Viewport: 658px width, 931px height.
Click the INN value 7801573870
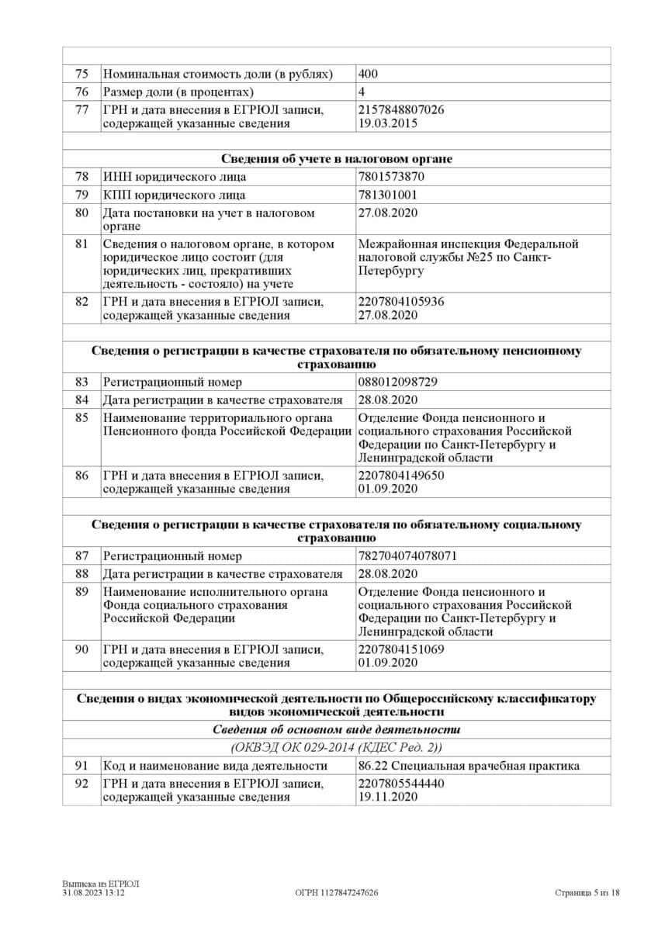(391, 176)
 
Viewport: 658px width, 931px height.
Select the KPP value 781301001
(388, 195)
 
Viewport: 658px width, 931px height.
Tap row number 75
(81, 74)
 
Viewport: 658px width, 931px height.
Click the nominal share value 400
(369, 74)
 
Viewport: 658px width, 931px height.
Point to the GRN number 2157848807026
(401, 110)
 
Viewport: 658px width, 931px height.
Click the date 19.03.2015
(388, 123)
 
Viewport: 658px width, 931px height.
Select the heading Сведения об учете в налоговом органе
(336, 159)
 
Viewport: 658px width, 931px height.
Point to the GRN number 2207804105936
(401, 302)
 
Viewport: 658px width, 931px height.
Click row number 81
(81, 244)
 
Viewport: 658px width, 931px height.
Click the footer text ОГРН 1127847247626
(337, 893)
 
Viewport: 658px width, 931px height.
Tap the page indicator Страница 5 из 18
(587, 893)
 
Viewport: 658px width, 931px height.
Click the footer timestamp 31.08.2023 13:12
(94, 893)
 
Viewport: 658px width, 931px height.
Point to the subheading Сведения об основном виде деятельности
(336, 730)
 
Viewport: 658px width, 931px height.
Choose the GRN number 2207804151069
(401, 649)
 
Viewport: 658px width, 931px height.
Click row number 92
(81, 784)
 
